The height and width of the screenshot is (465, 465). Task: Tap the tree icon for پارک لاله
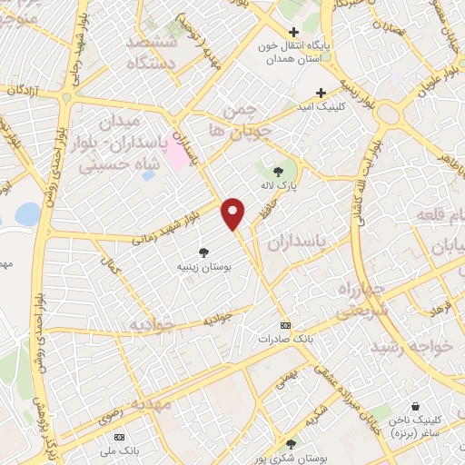pos(278,170)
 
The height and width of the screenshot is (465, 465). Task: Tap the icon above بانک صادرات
pos(286,324)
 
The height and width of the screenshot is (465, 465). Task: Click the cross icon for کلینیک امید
pos(321,93)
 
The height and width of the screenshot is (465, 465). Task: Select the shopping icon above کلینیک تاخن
pos(415,406)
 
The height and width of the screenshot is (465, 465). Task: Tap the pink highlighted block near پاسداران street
pos(177,151)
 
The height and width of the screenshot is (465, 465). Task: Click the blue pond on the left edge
pos(27,214)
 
